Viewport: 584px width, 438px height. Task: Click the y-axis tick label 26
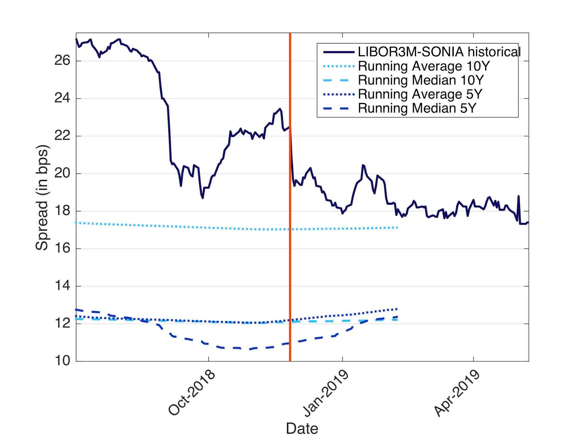click(62, 61)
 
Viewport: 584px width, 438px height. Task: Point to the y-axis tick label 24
click(62, 98)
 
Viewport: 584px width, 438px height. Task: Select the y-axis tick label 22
click(62, 136)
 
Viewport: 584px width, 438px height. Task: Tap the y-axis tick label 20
click(62, 173)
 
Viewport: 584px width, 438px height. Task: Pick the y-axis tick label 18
click(62, 211)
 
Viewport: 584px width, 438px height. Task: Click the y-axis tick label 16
click(62, 249)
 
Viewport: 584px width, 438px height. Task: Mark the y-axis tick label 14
click(62, 286)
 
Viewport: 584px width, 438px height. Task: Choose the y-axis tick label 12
click(62, 323)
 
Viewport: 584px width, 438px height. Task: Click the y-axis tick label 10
click(62, 361)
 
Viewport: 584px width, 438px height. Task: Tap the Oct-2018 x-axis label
click(192, 393)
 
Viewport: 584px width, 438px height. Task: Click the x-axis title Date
click(302, 428)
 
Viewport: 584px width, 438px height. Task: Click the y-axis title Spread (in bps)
click(42, 197)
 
